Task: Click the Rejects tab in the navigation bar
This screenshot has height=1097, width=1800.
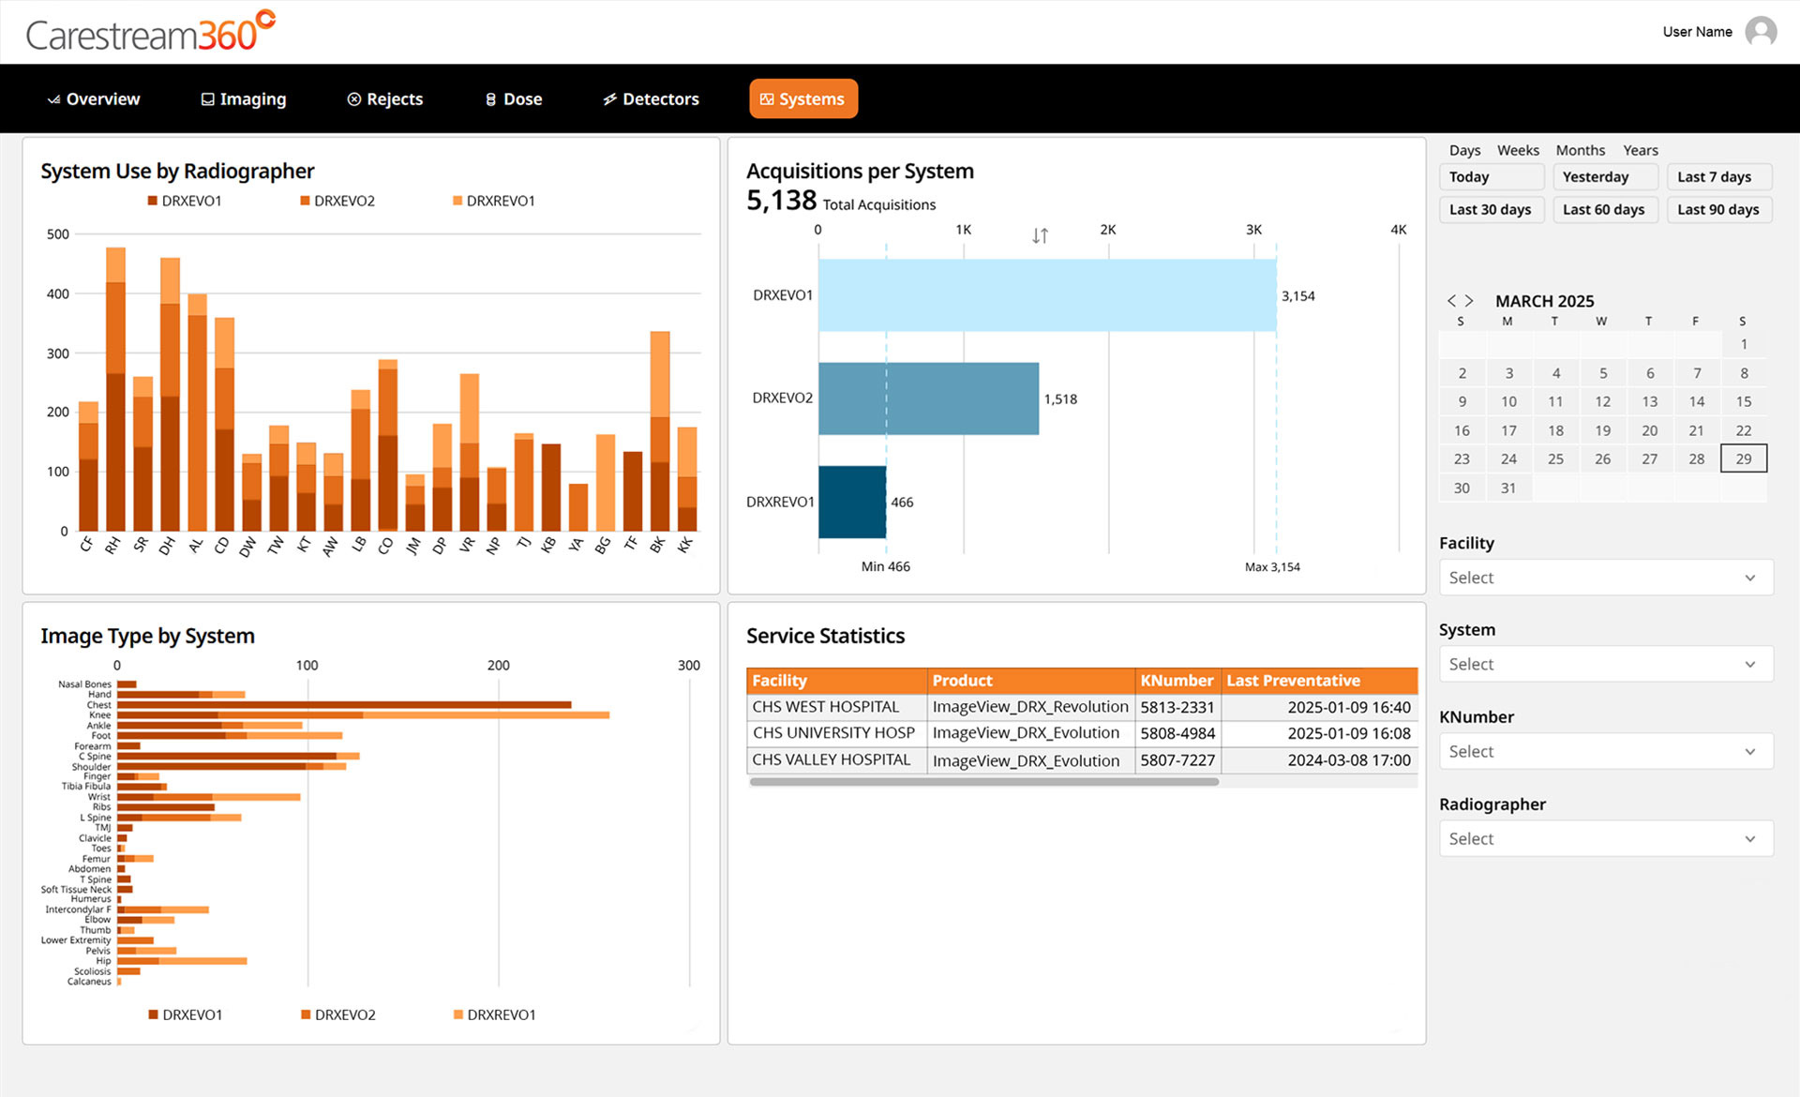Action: [385, 99]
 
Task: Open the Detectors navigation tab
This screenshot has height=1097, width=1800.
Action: [651, 99]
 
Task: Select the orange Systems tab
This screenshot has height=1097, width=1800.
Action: [803, 99]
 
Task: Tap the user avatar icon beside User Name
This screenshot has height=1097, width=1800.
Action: [1761, 32]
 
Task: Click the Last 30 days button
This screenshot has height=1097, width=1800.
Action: [1491, 209]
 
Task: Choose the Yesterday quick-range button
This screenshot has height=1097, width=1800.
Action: [1605, 177]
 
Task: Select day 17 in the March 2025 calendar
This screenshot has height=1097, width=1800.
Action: [1508, 430]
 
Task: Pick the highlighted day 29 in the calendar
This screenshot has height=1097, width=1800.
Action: [1744, 458]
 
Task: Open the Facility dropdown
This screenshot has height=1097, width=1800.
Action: [1606, 578]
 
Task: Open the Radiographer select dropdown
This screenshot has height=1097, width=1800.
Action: [1606, 838]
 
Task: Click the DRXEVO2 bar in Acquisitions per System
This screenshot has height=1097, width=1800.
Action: [928, 398]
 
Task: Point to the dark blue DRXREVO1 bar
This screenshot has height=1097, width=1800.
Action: [852, 502]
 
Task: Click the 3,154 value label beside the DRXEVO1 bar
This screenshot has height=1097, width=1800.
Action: [1298, 296]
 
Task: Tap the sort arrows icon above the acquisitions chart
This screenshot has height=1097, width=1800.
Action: [1040, 235]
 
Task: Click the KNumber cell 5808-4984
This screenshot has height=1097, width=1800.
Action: [1177, 733]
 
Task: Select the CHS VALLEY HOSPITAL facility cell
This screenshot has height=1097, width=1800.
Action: [832, 759]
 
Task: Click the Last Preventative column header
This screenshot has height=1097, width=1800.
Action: [1293, 681]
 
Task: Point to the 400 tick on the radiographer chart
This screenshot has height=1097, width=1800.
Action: [58, 294]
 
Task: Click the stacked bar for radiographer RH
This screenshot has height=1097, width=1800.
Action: [115, 389]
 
